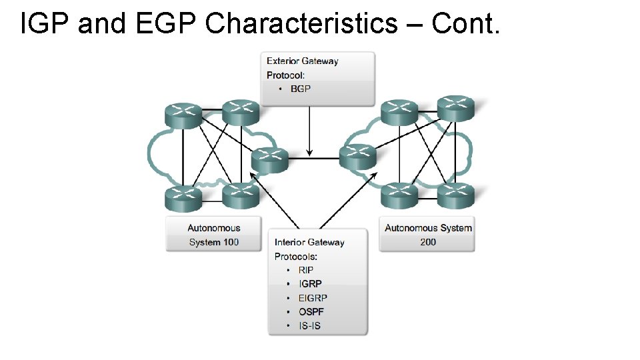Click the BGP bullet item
(301, 89)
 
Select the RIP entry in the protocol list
(305, 270)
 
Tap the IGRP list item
(310, 284)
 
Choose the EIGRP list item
(313, 298)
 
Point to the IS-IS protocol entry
(309, 326)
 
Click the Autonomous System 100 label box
(213, 235)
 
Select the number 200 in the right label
(428, 242)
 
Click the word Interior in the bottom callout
(291, 242)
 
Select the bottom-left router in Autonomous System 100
(183, 196)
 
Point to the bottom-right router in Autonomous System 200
(456, 195)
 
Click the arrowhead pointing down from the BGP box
(309, 151)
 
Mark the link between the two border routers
(314, 159)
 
